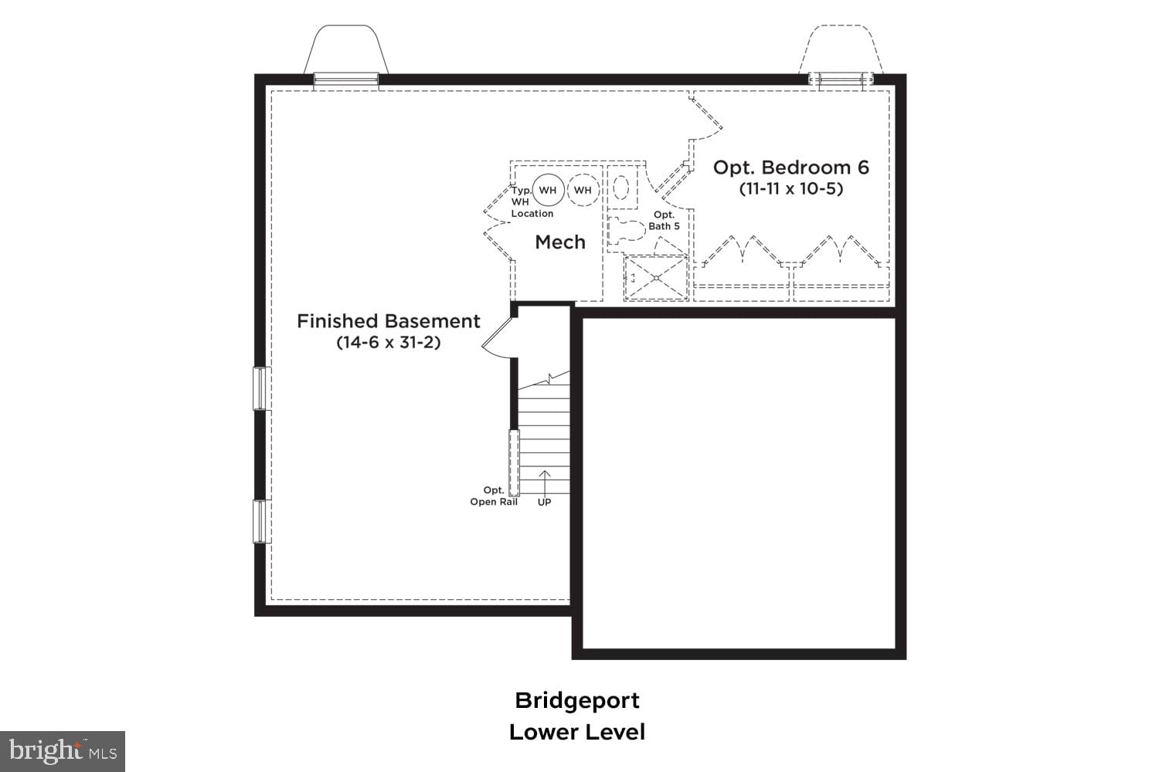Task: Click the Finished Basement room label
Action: point(389,321)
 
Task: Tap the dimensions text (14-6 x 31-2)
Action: point(389,342)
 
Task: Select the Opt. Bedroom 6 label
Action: point(790,168)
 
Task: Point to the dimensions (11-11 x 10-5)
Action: point(790,188)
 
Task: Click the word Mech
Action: point(560,242)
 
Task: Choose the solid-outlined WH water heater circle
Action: point(547,190)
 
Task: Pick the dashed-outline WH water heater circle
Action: point(583,190)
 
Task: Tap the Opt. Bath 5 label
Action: point(664,221)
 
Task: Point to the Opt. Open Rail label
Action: point(494,496)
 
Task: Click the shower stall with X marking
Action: point(656,277)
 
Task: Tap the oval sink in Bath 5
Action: point(620,188)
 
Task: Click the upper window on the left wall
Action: point(260,388)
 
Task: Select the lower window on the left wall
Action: point(260,521)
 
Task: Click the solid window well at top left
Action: point(345,51)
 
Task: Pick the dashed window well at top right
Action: point(841,51)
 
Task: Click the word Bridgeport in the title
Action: point(577,700)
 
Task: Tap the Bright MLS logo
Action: point(62,750)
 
